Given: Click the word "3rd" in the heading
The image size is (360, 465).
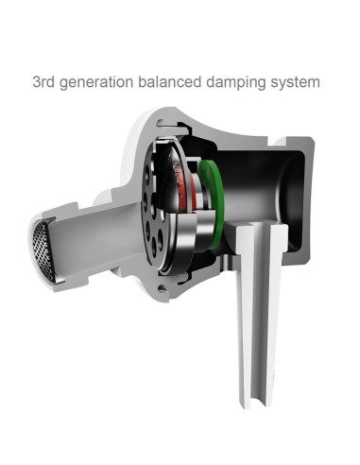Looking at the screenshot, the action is click(43, 82).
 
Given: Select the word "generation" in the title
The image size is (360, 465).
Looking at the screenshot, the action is click(96, 83).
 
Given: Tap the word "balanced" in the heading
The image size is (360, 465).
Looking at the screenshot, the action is click(170, 82).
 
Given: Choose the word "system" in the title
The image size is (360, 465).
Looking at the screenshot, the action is click(295, 83).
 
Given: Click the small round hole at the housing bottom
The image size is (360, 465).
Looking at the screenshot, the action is click(162, 287).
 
